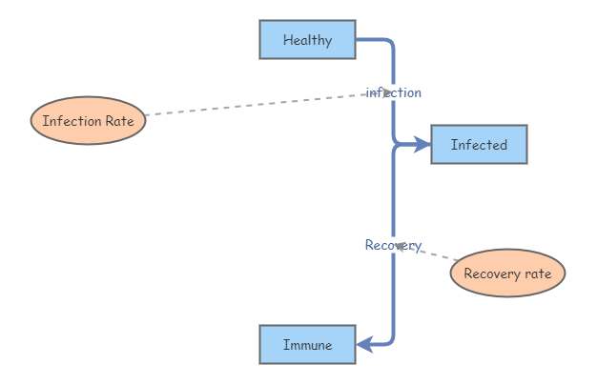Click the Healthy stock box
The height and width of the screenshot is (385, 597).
[x=308, y=40]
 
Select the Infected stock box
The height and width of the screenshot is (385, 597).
[x=479, y=145]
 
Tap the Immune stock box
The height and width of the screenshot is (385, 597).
[x=308, y=345]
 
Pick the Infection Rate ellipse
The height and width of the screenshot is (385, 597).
[x=88, y=121]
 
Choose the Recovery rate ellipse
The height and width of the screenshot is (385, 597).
[x=507, y=274]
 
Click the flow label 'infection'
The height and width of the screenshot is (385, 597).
[x=393, y=92]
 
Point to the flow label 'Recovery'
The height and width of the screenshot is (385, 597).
[x=393, y=245]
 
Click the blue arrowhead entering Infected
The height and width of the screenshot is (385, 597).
[x=422, y=145]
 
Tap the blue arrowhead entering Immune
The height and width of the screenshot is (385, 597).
[x=364, y=345]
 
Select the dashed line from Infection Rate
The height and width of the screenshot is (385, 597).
[x=265, y=104]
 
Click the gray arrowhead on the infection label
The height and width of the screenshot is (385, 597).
[x=385, y=92]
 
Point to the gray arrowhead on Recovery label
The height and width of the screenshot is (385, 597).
[x=400, y=246]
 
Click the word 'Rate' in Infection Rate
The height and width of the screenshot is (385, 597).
[x=119, y=121]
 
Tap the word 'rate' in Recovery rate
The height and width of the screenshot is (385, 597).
[x=538, y=274]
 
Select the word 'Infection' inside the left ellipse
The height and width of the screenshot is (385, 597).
[x=72, y=121]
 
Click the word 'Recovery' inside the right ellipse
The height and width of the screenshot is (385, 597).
[x=492, y=274]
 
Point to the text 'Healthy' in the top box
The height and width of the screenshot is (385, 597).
[x=308, y=40]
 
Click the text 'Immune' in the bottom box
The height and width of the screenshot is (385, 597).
[x=308, y=345]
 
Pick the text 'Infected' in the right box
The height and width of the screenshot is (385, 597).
[x=479, y=145]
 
